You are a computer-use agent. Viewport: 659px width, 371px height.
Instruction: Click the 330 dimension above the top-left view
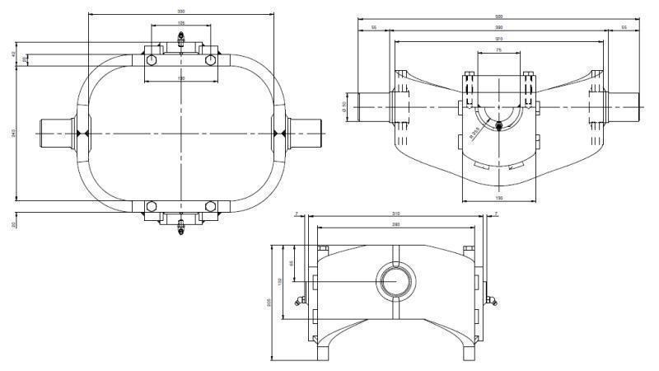coord(180,12)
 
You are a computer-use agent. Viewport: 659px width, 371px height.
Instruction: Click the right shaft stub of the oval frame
coord(305,133)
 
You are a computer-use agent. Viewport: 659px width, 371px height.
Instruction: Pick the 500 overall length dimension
coord(499,16)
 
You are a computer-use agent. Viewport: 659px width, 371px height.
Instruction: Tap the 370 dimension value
coord(499,38)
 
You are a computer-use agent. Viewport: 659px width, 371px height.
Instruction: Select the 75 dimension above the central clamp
coord(499,50)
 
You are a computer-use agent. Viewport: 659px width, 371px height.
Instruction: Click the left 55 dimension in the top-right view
coord(374,27)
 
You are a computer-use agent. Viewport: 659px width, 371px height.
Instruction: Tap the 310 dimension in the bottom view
coord(396,214)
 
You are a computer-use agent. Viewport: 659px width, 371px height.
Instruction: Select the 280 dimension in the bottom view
coord(396,224)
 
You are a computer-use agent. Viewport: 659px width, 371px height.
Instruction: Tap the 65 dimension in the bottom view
coord(292,263)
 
